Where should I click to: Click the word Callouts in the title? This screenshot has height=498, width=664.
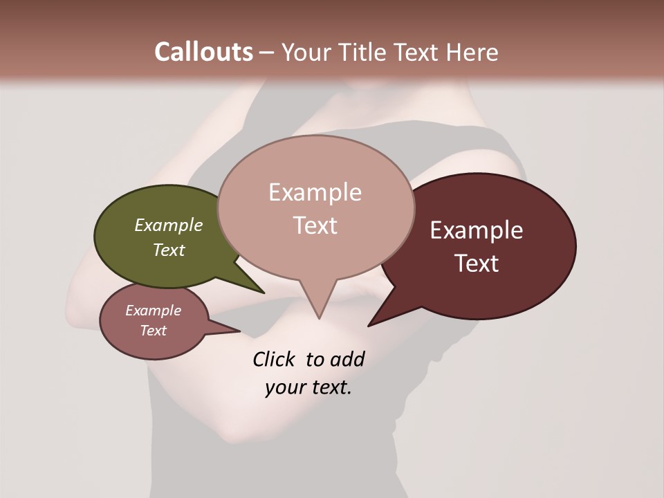(203, 52)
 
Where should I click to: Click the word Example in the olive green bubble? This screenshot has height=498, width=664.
(169, 225)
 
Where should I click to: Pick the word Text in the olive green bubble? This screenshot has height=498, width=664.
(169, 250)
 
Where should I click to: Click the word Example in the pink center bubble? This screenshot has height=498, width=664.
(315, 192)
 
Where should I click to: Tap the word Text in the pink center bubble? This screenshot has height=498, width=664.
(315, 225)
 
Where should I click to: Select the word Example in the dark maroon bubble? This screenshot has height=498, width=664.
(477, 230)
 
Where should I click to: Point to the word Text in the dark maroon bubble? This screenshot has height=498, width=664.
(477, 264)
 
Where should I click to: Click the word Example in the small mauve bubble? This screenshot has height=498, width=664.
(153, 311)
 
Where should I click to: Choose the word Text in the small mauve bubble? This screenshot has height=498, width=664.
(153, 331)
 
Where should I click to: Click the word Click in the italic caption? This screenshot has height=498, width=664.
(274, 359)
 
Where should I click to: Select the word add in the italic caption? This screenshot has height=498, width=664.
(347, 359)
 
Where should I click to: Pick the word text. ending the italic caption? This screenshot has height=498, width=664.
(329, 387)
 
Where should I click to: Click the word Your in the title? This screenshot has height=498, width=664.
(304, 52)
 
